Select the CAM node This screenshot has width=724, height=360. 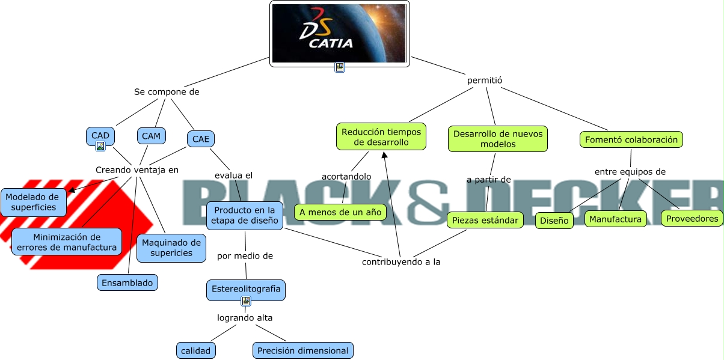tap(152, 136)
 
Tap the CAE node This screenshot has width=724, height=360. tap(200, 139)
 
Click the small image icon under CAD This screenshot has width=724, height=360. tap(100, 145)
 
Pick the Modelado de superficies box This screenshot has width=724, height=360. tap(34, 202)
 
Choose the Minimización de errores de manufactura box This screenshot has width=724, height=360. tap(67, 242)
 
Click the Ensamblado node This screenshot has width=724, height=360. tap(127, 282)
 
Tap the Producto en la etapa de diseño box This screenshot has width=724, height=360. tap(245, 216)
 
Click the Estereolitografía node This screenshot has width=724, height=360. tap(246, 289)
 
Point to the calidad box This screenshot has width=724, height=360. tap(196, 350)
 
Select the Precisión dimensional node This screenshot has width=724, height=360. tap(302, 350)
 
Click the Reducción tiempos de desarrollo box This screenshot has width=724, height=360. tap(381, 137)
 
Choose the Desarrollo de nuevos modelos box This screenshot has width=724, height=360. tap(498, 139)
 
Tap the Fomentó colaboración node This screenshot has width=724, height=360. tap(631, 139)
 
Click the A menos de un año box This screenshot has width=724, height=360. tap(340, 212)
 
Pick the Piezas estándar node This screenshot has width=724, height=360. tap(485, 220)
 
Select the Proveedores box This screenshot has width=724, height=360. tap(692, 218)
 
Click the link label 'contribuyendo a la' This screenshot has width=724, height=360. tap(401, 262)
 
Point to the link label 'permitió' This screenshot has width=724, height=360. tap(485, 80)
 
